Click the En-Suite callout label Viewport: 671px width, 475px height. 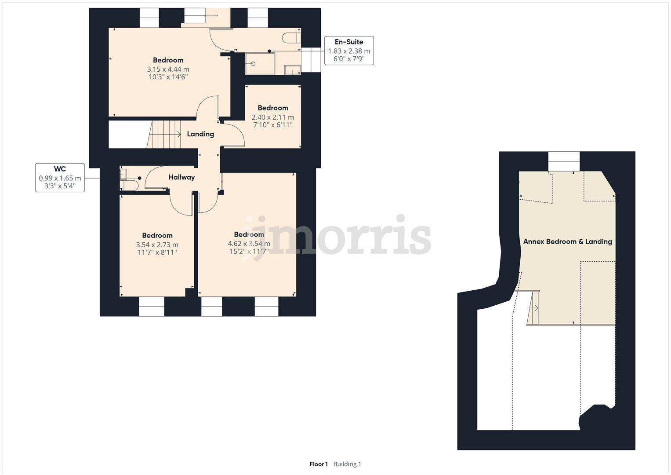click(349, 42)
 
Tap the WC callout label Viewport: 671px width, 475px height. click(60, 169)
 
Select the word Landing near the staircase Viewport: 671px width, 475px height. click(200, 134)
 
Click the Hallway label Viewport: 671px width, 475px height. click(181, 177)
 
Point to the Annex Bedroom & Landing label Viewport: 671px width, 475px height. click(567, 241)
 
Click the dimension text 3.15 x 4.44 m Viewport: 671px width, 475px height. click(168, 69)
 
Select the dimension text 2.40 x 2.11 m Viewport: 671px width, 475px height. click(272, 117)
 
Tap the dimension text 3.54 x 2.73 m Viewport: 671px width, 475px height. click(157, 245)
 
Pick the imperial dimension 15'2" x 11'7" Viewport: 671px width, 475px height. click(249, 252)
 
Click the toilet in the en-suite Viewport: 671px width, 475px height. click(291, 38)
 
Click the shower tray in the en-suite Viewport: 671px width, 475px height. click(260, 63)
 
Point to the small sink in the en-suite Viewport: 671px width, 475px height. click(291, 69)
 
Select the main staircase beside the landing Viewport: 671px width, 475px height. click(166, 135)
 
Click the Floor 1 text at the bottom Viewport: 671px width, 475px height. click(319, 464)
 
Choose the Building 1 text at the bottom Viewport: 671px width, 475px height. click(347, 464)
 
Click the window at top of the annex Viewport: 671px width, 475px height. click(564, 161)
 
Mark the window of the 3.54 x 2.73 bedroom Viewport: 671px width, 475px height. click(152, 306)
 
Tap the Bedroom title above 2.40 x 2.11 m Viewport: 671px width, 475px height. click(272, 108)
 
